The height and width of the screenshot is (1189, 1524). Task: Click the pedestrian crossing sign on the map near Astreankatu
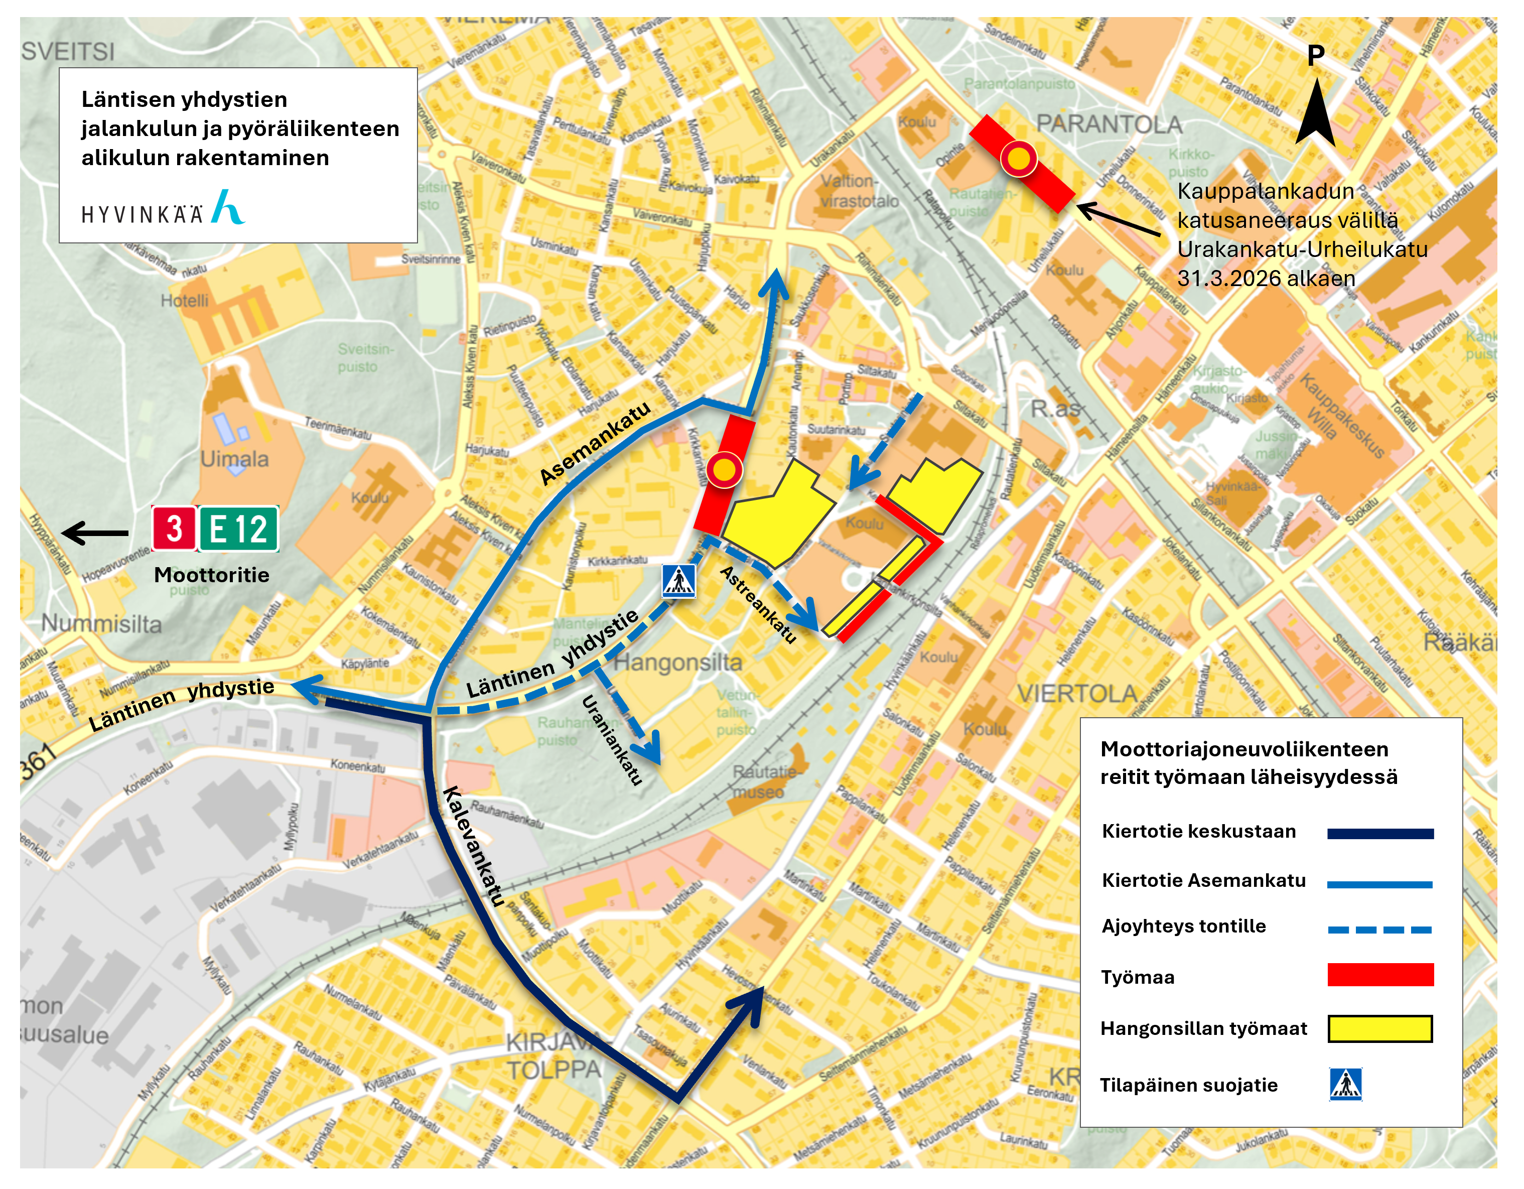coord(679,581)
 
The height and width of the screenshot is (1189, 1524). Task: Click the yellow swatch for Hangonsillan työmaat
coord(1379,1028)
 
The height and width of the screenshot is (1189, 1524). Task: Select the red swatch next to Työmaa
coord(1379,975)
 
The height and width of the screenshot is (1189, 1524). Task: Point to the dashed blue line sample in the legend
coord(1379,930)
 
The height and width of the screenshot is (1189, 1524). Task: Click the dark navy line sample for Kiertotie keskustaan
coord(1379,833)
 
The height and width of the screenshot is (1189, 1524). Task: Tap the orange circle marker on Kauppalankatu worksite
coord(1019,159)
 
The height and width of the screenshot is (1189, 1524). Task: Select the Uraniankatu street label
coord(611,740)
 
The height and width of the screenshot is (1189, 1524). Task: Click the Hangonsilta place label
coord(677,662)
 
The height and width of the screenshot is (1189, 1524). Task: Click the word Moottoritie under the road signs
coord(211,575)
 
